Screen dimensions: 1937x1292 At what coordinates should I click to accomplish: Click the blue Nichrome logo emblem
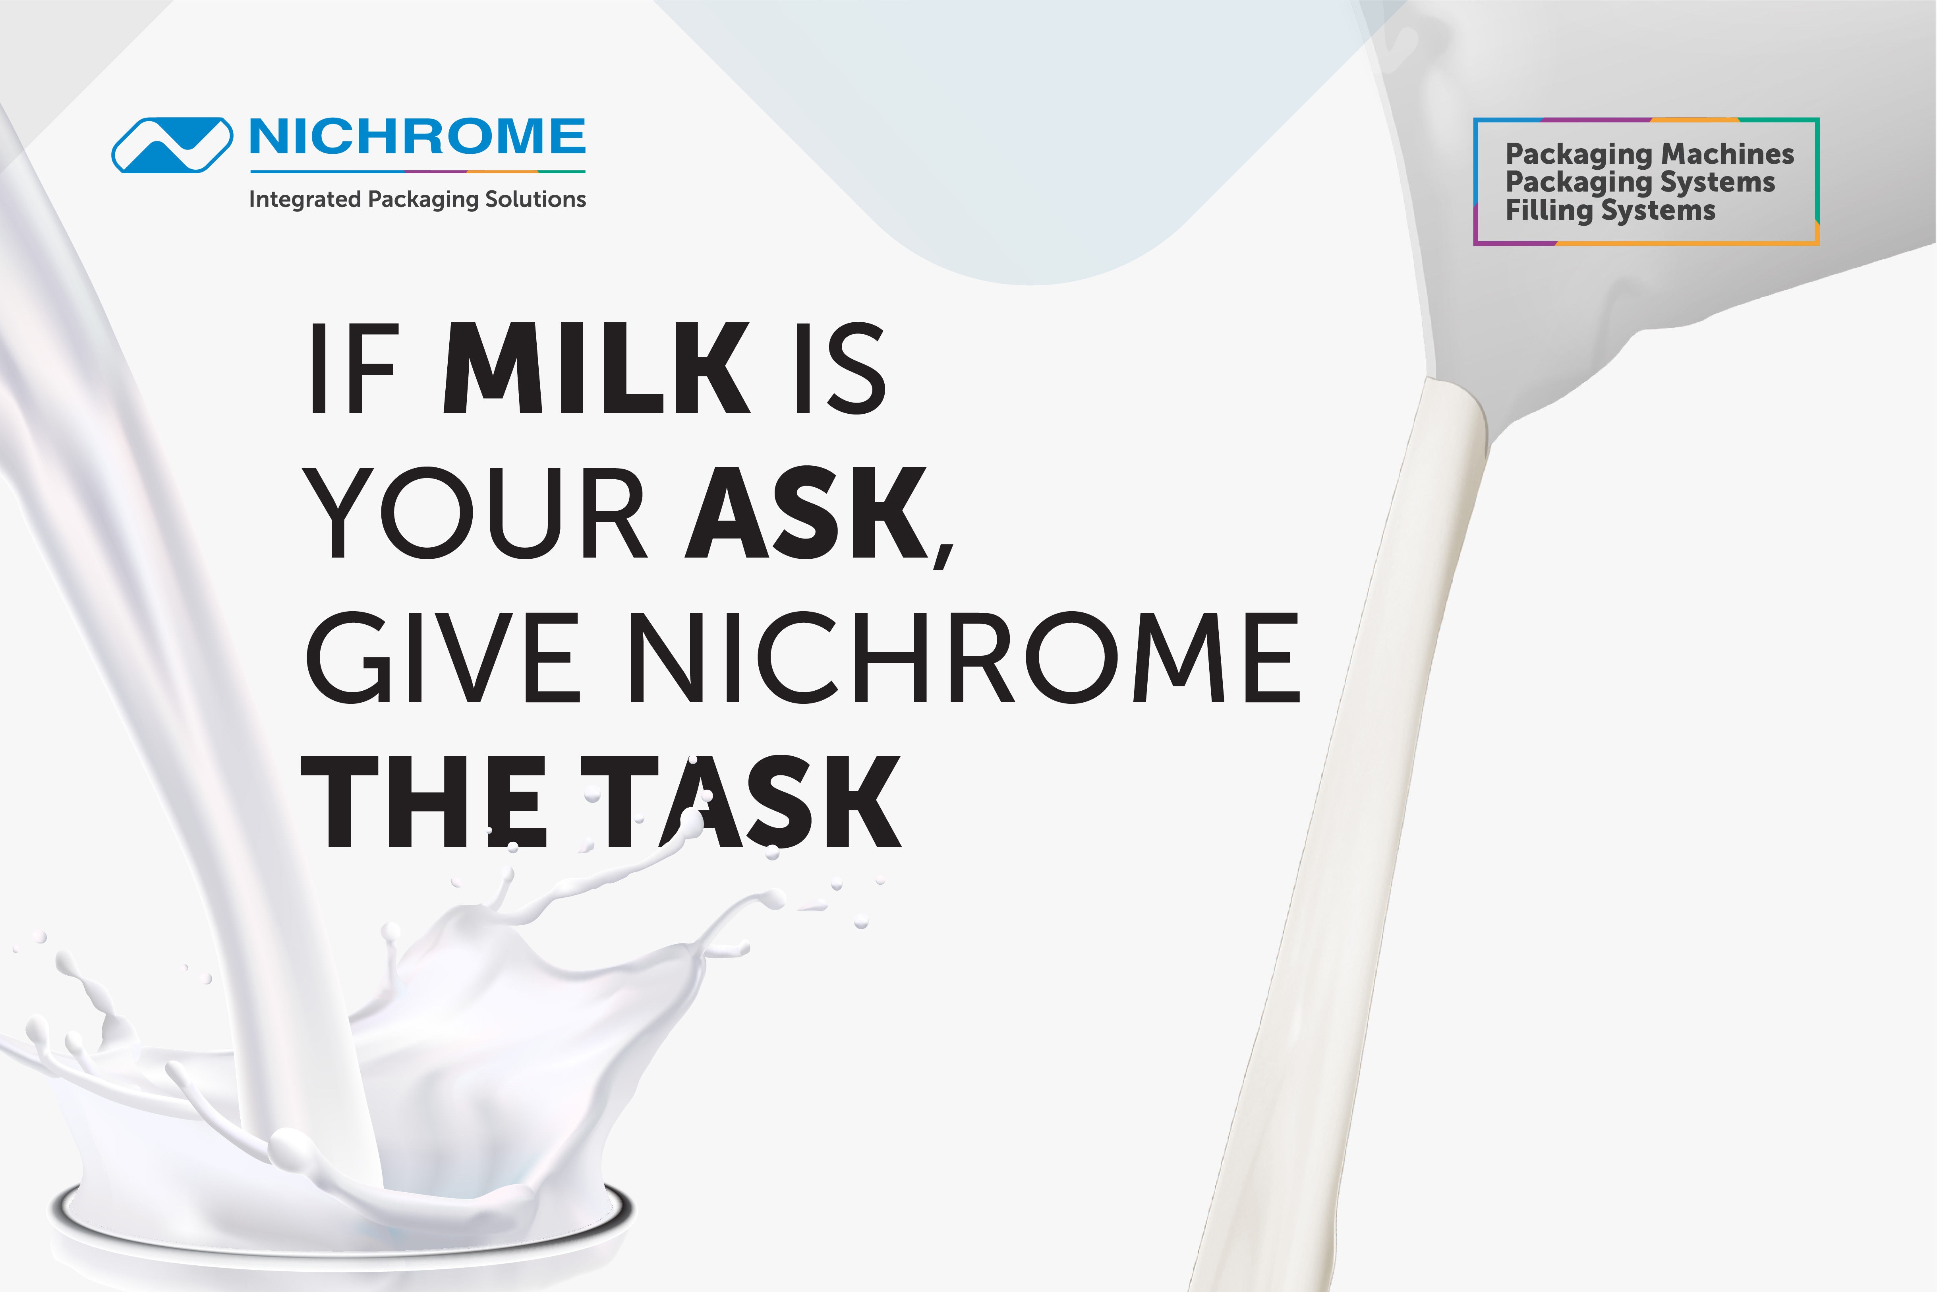(172, 145)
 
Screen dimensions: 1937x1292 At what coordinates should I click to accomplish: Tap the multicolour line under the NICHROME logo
(418, 171)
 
